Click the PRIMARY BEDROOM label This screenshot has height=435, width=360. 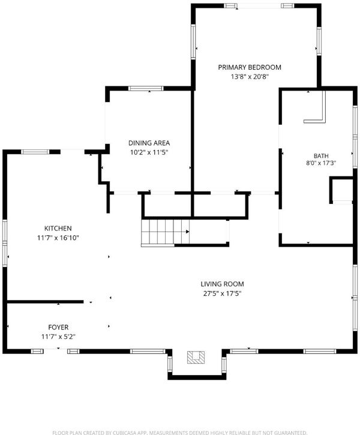pyautogui.click(x=250, y=67)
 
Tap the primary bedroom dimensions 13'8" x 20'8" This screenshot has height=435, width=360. pyautogui.click(x=250, y=77)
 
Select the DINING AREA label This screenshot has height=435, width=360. pyautogui.click(x=149, y=143)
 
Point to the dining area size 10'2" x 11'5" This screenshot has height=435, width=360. pyautogui.click(x=149, y=152)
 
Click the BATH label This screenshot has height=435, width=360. pyautogui.click(x=321, y=156)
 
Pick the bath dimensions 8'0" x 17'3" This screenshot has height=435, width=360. pyautogui.click(x=321, y=163)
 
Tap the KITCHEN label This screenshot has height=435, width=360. pyautogui.click(x=58, y=229)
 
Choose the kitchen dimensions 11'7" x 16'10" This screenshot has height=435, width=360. pyautogui.click(x=58, y=238)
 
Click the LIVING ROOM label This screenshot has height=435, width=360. pyautogui.click(x=222, y=284)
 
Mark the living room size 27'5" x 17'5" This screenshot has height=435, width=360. pyautogui.click(x=222, y=293)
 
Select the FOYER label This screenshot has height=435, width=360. pyautogui.click(x=58, y=327)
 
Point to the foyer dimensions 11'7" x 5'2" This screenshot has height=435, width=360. pyautogui.click(x=58, y=337)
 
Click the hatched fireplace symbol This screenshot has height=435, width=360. pyautogui.click(x=196, y=357)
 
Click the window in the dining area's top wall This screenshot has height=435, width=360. pyautogui.click(x=146, y=88)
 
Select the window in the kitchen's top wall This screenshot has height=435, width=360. pyautogui.click(x=35, y=152)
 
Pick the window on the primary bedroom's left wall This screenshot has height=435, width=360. pyautogui.click(x=193, y=41)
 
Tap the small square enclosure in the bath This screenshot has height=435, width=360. pyautogui.click(x=341, y=190)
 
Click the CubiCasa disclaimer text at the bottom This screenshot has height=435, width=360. pyautogui.click(x=180, y=433)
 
